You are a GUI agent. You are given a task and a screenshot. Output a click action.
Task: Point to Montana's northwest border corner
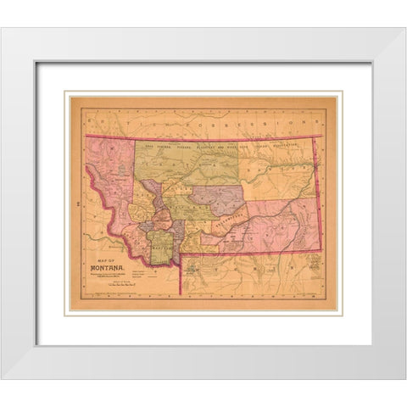pyautogui.click(x=86, y=136)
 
